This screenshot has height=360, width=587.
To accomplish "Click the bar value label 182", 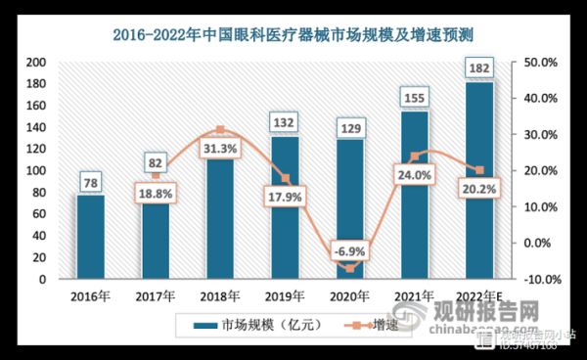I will [478, 68].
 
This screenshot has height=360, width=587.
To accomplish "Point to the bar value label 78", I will [90, 181].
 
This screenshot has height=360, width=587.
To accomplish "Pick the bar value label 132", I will [285, 123].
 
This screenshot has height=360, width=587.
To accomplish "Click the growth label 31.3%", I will [219, 147].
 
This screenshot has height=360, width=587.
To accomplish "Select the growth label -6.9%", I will [349, 250].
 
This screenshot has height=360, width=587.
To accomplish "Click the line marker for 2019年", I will [285, 178].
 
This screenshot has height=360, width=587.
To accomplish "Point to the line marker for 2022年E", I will [478, 170].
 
